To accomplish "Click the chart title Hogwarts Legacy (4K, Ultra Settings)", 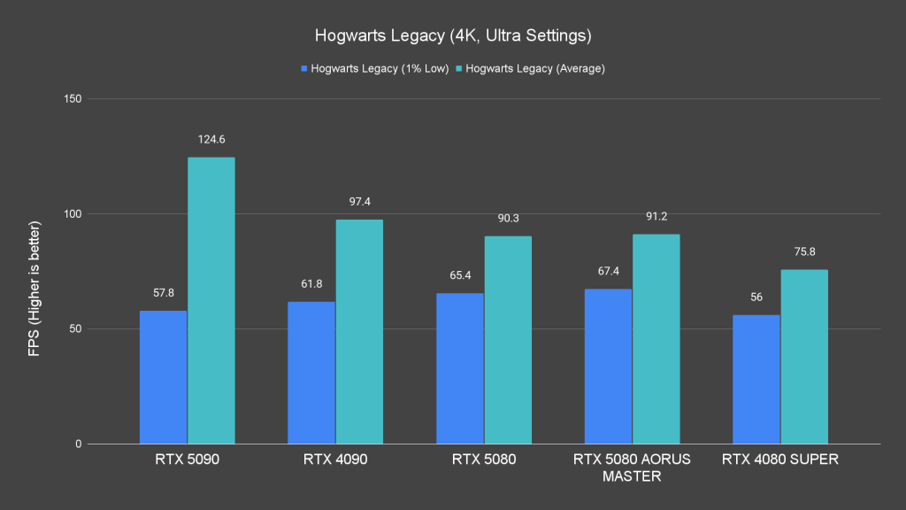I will pos(452,37).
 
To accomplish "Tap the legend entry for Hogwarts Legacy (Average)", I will pos(532,68).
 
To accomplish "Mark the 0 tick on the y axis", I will pos(79,444).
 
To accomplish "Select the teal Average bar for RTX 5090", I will pos(211,301).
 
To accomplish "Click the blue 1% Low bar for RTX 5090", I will pos(164,377).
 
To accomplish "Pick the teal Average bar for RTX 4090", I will pos(359,332).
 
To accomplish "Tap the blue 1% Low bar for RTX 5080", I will pos(460,368).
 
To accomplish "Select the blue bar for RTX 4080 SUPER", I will pos(756,380).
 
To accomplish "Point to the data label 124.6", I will pos(211,140).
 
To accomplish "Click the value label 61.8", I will pos(311,283).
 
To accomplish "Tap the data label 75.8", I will pos(804,252).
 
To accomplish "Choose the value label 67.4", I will pos(609,271).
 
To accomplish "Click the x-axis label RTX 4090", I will pos(335,460).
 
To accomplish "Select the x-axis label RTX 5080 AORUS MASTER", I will pos(632,467).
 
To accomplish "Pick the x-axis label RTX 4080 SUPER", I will pos(780,460).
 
